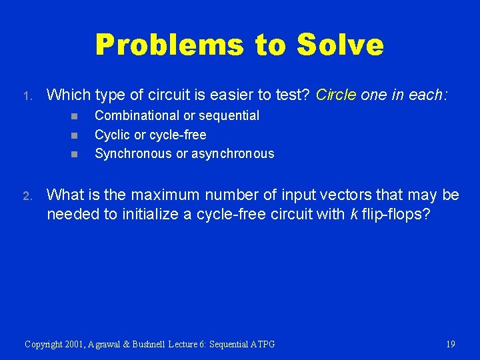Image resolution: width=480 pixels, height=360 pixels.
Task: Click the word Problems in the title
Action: coord(170,45)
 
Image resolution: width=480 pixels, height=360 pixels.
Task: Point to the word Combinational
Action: coord(137,115)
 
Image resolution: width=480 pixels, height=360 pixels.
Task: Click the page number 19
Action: coord(451,344)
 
